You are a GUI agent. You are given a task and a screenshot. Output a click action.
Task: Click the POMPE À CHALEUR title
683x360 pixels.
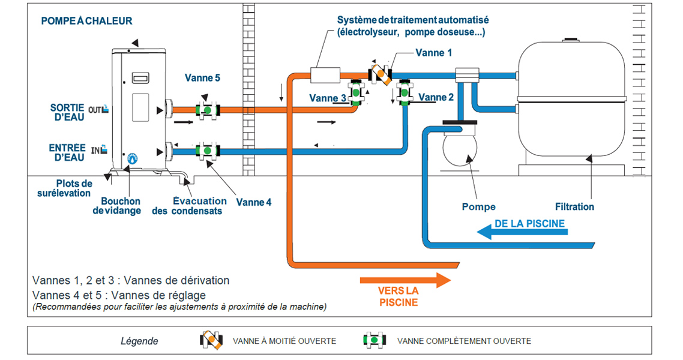86,21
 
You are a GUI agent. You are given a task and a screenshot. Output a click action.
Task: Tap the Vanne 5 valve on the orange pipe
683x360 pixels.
207,110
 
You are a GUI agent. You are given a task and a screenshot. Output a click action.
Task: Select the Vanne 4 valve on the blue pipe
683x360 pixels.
207,149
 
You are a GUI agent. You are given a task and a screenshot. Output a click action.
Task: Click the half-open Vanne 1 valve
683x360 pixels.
379,74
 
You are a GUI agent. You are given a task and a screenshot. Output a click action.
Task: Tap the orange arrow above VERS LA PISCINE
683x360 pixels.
405,280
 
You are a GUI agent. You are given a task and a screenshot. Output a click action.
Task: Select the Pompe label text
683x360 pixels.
478,207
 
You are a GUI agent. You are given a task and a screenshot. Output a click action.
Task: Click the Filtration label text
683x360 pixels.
574,207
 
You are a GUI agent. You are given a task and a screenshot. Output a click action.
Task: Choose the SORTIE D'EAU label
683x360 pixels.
67,112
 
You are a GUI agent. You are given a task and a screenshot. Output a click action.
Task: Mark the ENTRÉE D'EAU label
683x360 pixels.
67,152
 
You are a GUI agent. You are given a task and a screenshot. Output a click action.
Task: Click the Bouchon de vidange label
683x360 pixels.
121,206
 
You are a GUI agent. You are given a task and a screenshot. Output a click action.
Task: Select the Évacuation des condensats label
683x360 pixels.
197,206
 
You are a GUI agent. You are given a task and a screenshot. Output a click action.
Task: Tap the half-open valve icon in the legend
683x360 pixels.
211,340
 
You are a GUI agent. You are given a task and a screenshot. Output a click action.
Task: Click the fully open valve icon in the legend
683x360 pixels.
375,340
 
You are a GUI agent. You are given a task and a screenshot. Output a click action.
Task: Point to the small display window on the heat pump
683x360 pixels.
140,78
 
